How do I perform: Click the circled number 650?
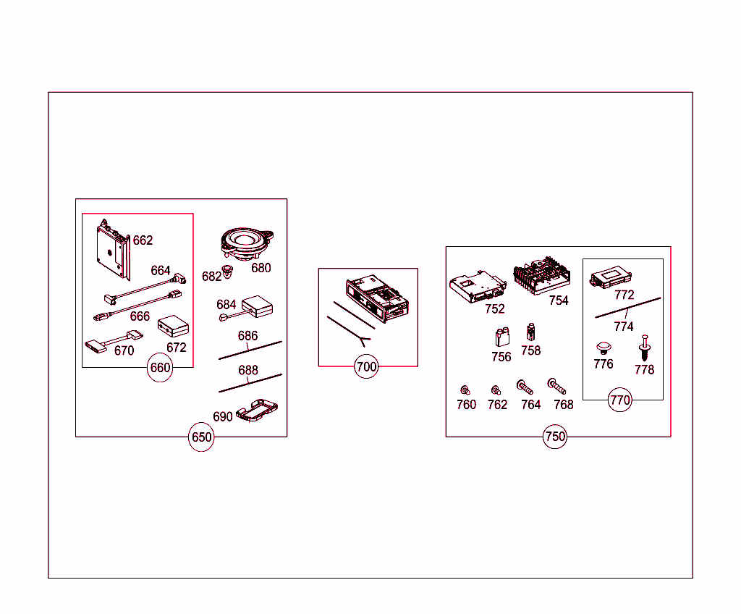(201, 437)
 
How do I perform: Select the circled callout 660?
(159, 368)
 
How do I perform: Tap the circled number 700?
(367, 367)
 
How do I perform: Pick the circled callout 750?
(555, 437)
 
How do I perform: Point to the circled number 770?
(620, 400)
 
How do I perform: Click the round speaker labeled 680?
(247, 244)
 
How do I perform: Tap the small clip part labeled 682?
(229, 272)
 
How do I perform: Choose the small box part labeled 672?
(172, 327)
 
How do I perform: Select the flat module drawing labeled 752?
(475, 287)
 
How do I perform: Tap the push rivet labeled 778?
(644, 352)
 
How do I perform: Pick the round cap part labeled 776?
(604, 348)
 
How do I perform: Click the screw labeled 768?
(557, 387)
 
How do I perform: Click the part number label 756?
(501, 357)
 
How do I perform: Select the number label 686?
(247, 337)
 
